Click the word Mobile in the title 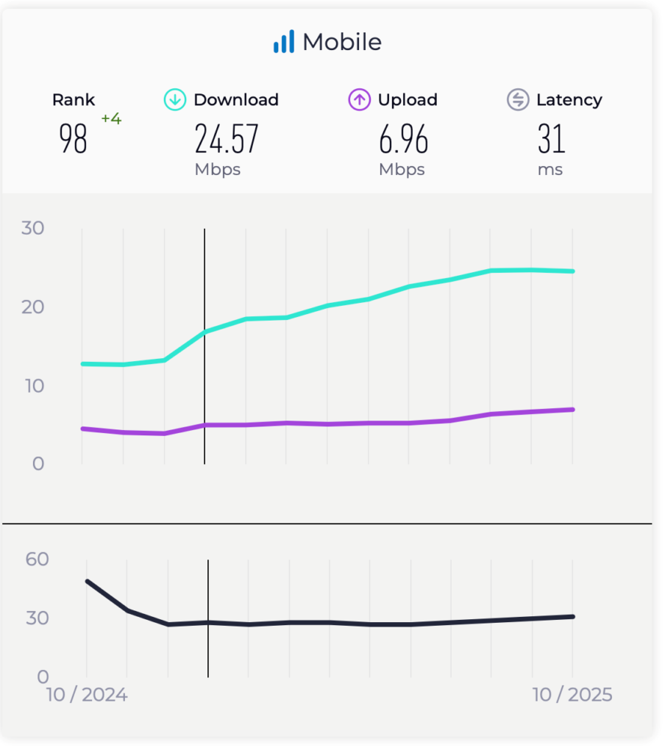tap(342, 42)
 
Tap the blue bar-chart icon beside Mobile tap(283, 42)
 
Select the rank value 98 tap(74, 138)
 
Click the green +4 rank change tap(111, 118)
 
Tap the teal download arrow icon tap(174, 100)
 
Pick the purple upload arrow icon tap(359, 100)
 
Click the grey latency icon tap(518, 100)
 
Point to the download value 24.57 tap(227, 139)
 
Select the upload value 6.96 tap(404, 139)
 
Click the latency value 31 tap(551, 139)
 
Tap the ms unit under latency tap(550, 170)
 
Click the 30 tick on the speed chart tap(33, 228)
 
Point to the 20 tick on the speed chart tap(33, 307)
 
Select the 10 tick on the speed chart tap(33, 385)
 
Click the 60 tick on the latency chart tap(38, 559)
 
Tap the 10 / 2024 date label tap(87, 695)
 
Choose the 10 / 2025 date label tap(572, 695)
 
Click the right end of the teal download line tap(572, 271)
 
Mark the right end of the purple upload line tap(572, 410)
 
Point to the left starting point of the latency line tap(88, 581)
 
